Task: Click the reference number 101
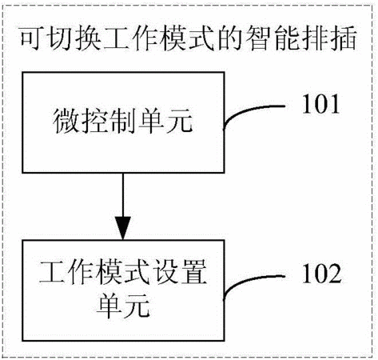click(x=321, y=104)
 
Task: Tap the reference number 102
click(x=321, y=274)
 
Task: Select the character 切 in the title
click(x=62, y=38)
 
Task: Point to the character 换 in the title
click(x=90, y=38)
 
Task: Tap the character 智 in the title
click(x=258, y=38)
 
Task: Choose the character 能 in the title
click(x=287, y=38)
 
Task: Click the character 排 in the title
click(x=315, y=38)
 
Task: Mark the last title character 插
click(x=343, y=38)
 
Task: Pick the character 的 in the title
click(x=230, y=38)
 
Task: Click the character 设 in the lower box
click(x=165, y=272)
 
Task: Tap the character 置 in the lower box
click(x=193, y=272)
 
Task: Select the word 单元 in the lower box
click(x=123, y=306)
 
